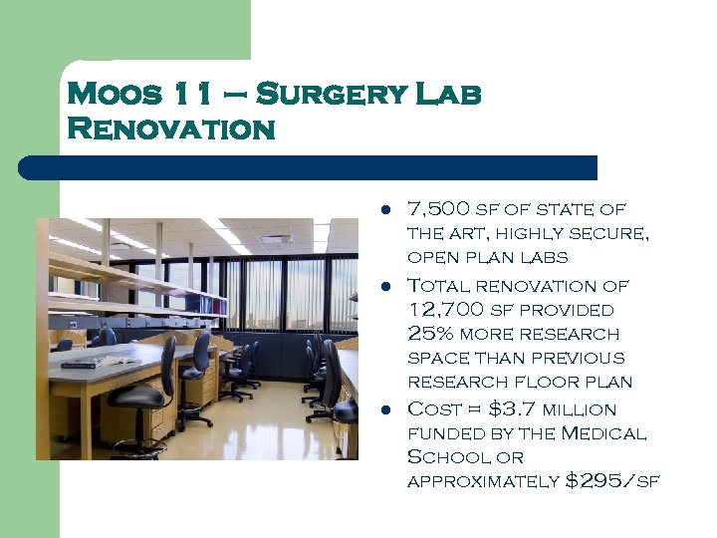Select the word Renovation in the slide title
(170, 130)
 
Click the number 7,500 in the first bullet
(438, 210)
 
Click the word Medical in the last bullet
(604, 433)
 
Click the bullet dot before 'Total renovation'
(383, 287)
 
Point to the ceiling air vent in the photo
(275, 240)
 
